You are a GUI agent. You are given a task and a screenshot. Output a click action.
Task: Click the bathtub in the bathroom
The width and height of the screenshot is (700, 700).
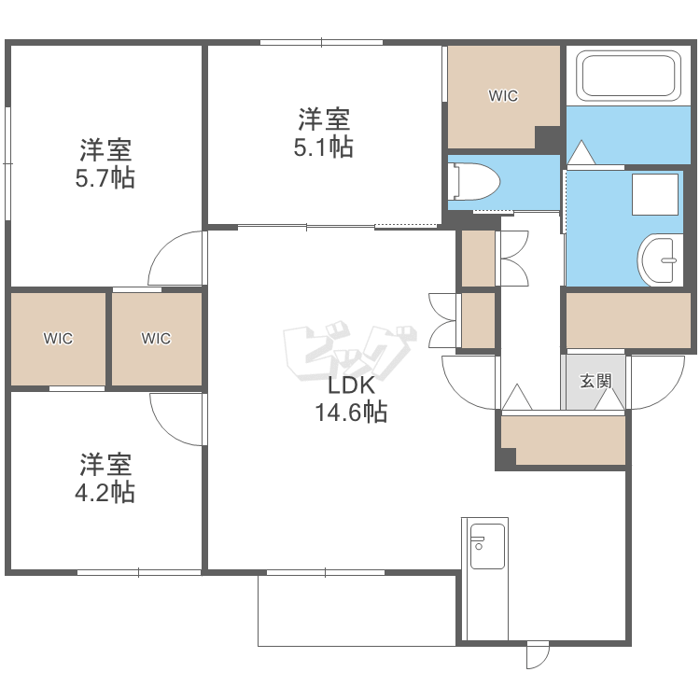(628, 75)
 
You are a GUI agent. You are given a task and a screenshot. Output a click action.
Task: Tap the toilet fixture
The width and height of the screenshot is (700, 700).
(476, 181)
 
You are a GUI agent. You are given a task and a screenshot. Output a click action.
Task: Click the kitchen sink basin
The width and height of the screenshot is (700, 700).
(487, 546)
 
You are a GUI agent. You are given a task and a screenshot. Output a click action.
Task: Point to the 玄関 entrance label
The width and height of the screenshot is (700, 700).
(595, 381)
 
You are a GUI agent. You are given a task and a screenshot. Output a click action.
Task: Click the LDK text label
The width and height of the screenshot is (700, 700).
(351, 385)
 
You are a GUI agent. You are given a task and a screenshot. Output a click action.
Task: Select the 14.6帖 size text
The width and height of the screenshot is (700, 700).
(351, 412)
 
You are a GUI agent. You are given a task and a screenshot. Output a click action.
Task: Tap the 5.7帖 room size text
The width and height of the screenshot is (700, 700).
(105, 178)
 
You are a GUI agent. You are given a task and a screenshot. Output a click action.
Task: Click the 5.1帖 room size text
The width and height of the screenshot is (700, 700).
(324, 147)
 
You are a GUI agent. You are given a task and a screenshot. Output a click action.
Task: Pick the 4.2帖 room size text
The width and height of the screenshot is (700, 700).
(105, 493)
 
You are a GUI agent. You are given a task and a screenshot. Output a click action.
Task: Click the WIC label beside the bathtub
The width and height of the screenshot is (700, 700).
(504, 95)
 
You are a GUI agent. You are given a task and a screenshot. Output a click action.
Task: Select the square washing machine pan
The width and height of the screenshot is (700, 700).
(655, 194)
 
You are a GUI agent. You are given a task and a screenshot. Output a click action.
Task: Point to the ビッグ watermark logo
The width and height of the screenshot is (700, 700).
(350, 350)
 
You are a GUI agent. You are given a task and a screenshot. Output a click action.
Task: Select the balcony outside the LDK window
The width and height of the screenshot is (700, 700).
(357, 610)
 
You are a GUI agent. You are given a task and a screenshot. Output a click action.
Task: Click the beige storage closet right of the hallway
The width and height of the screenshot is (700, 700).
(628, 320)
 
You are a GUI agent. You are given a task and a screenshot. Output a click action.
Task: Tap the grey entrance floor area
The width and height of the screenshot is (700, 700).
(595, 382)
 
